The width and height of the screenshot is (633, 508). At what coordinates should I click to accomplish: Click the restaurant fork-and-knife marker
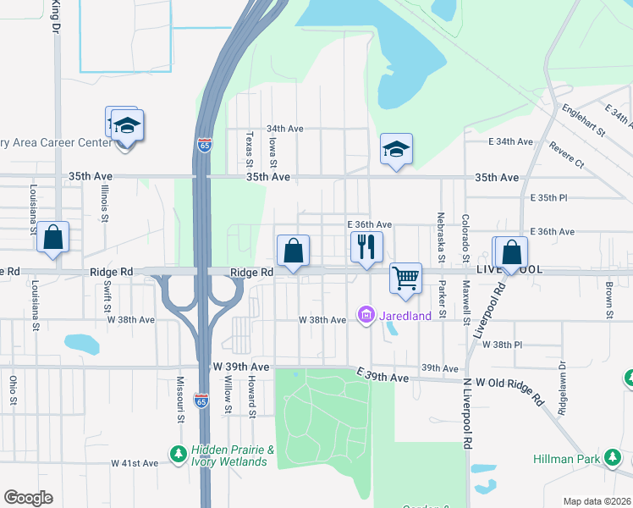(366, 247)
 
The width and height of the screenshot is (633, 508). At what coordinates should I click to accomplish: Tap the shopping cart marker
(406, 278)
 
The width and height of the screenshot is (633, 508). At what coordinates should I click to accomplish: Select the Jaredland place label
(405, 316)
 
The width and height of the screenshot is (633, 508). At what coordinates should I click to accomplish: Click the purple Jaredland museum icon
(366, 316)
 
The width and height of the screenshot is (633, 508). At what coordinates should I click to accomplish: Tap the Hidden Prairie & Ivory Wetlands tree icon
(178, 455)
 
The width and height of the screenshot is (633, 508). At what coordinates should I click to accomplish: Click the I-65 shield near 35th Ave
(204, 145)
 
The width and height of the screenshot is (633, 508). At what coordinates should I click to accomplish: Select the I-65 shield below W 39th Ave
(201, 398)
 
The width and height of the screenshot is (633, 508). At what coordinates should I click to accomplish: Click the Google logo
(28, 498)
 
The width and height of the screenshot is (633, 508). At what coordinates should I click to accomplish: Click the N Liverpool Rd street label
(466, 416)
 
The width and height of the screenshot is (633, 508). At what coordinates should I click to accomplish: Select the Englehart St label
(582, 119)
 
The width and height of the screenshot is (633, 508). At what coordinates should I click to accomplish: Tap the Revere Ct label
(566, 154)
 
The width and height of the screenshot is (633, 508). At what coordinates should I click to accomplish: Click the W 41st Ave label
(135, 463)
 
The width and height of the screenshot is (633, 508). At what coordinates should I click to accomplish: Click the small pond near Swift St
(82, 344)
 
